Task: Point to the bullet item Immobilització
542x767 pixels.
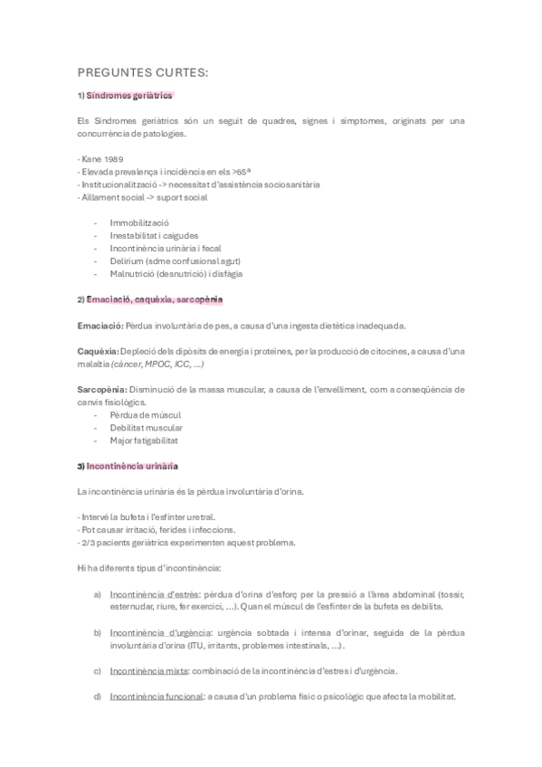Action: pos(139,223)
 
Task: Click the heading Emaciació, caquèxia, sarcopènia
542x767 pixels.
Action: pos(154,298)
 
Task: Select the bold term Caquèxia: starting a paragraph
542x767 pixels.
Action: pos(98,350)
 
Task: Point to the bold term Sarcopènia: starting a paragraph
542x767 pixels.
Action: pos(101,389)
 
